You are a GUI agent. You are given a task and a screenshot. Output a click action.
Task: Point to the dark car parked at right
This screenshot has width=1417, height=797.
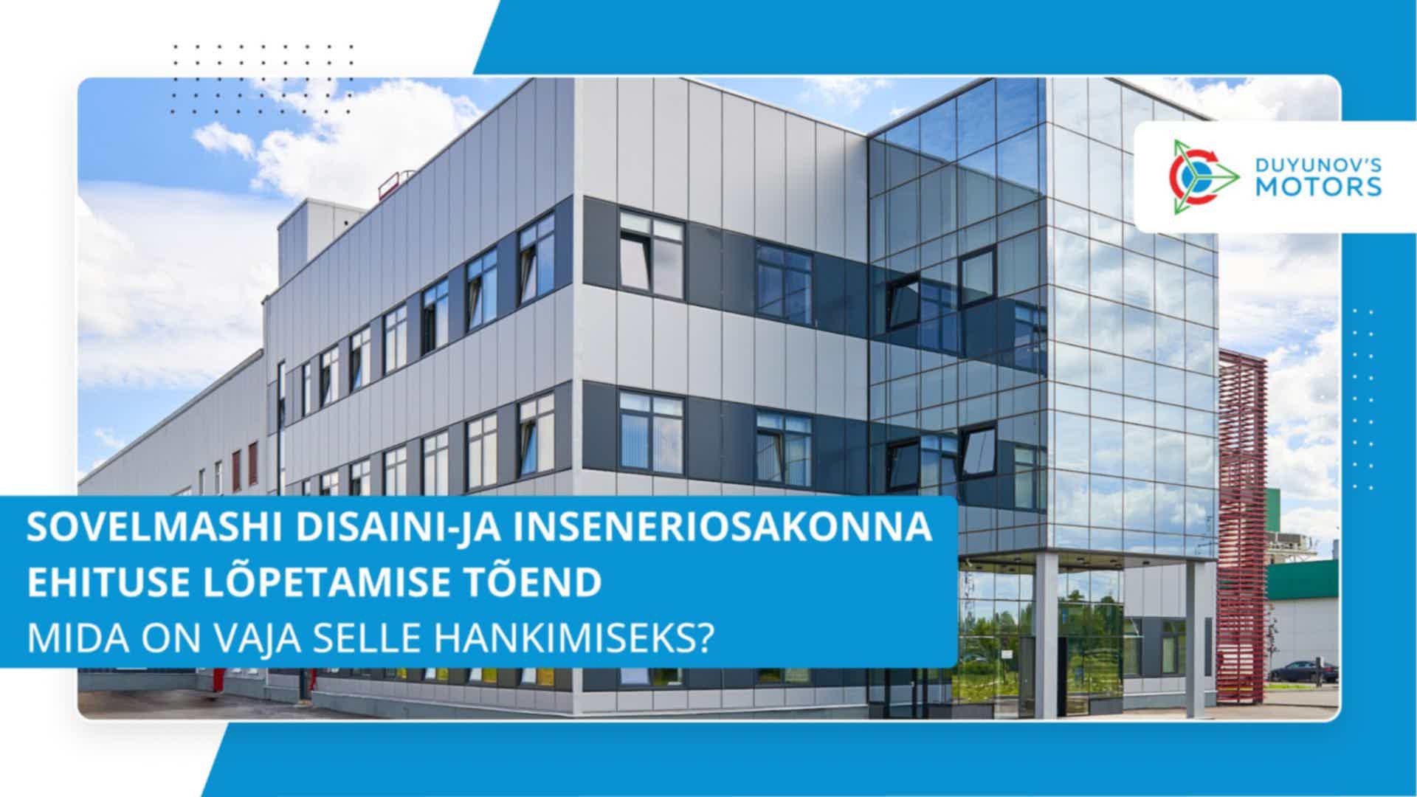point(1304,671)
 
